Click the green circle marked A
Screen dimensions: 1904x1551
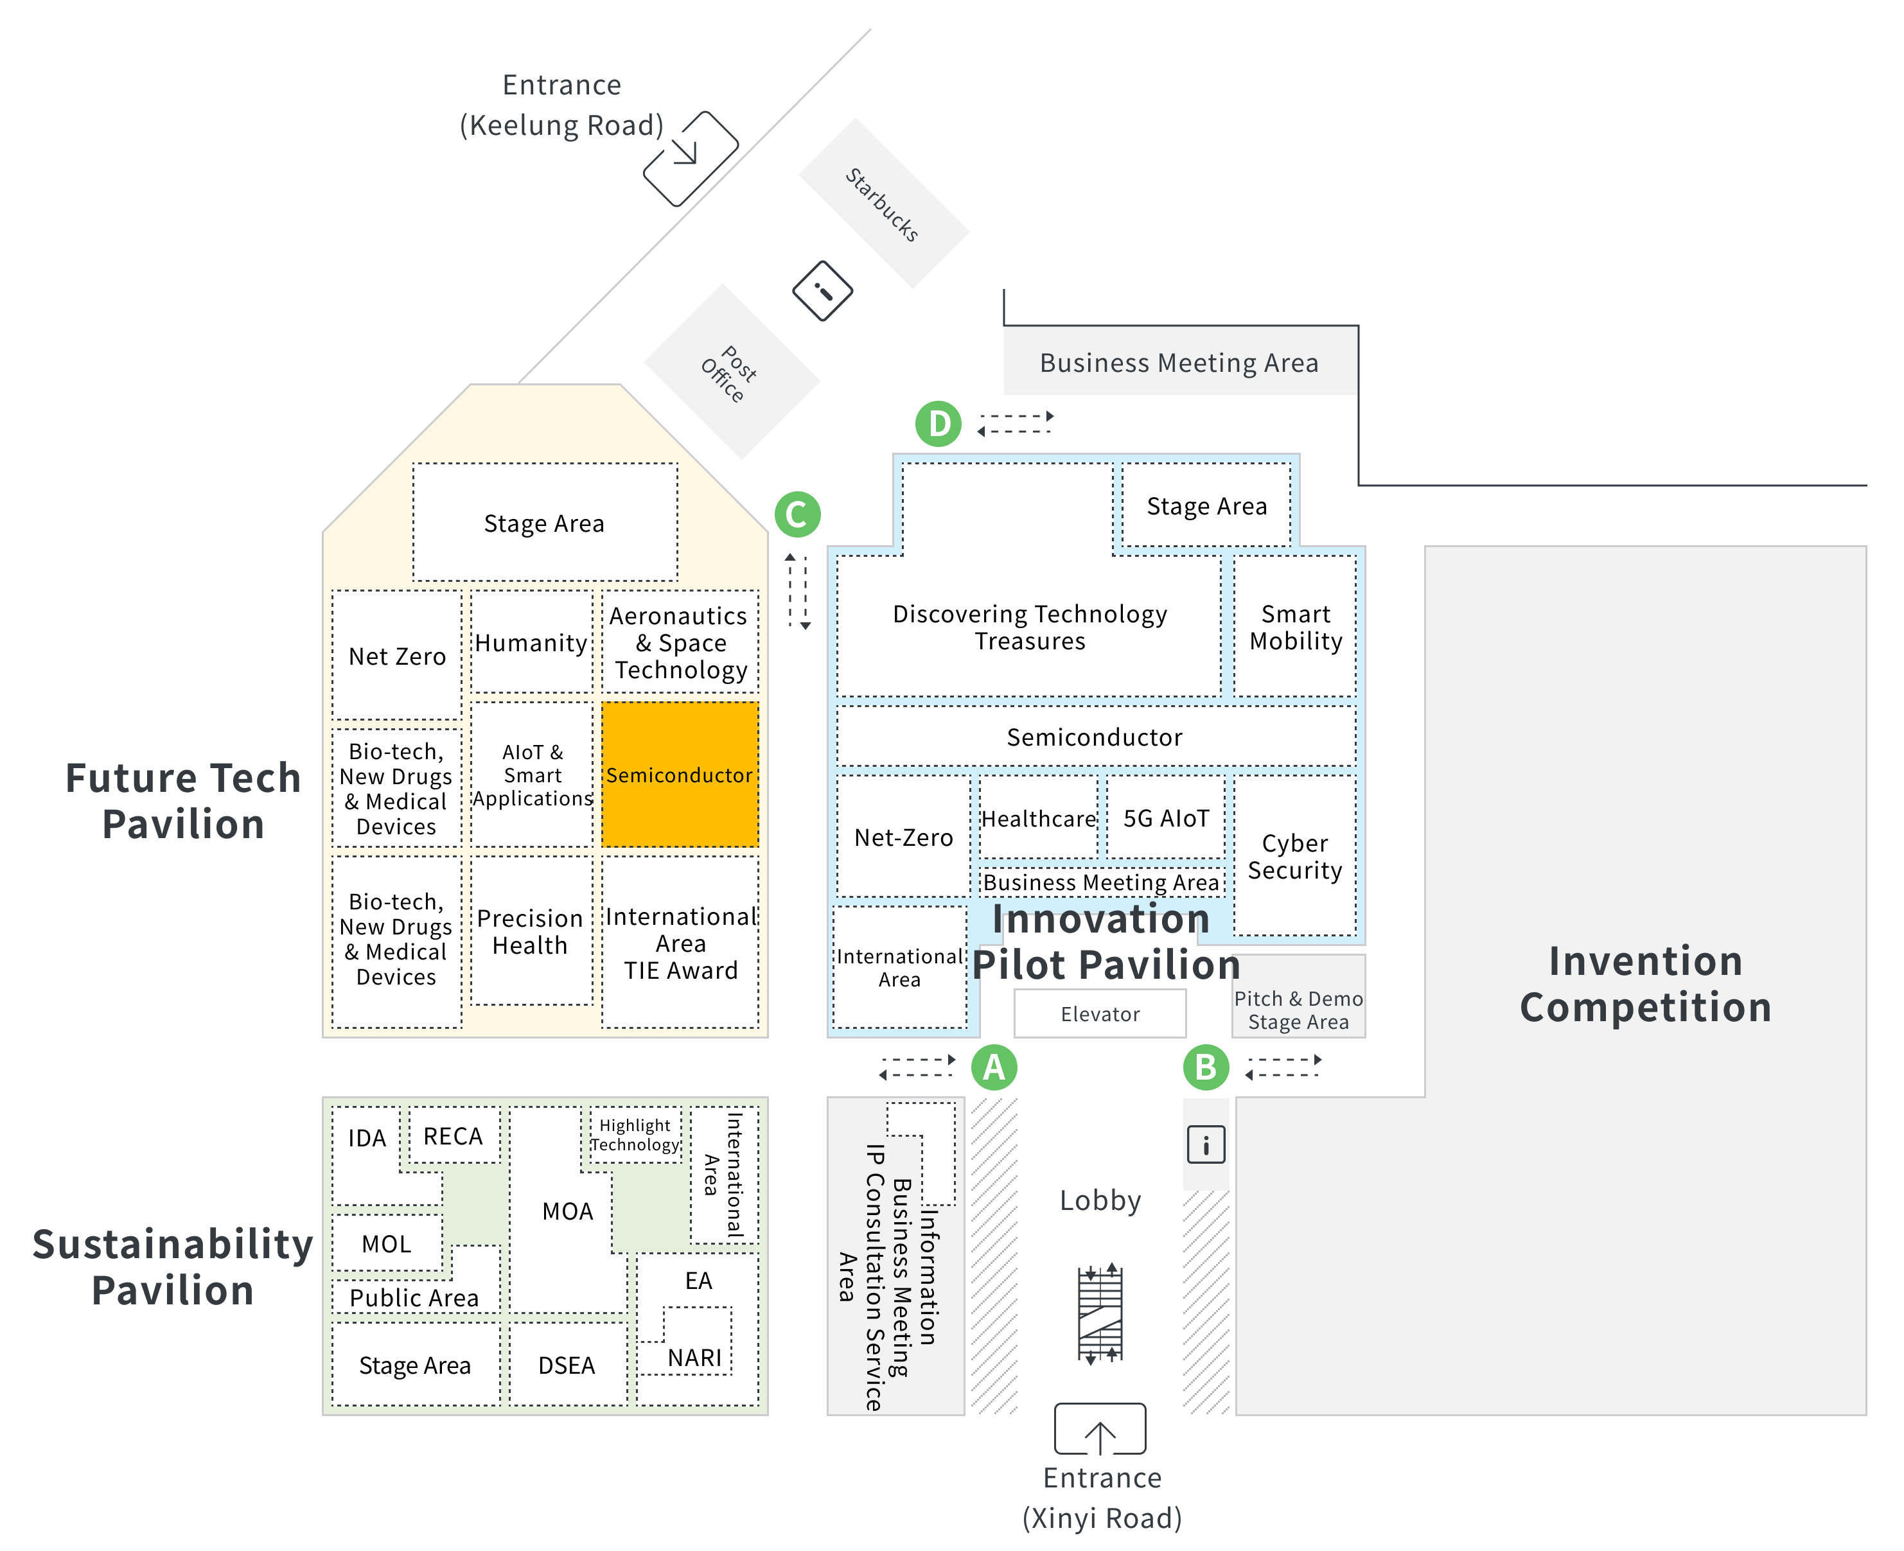click(994, 1067)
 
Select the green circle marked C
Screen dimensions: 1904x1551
click(797, 514)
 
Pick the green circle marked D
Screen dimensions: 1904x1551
click(938, 423)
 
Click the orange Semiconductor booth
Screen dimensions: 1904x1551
click(680, 775)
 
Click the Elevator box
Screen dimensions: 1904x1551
click(1100, 1013)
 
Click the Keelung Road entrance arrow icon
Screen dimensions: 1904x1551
click(691, 158)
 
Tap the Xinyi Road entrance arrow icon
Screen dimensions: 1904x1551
click(1100, 1428)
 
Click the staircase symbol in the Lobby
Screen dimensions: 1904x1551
click(1100, 1313)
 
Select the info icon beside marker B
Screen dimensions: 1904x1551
click(1205, 1144)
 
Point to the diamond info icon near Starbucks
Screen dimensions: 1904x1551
click(822, 290)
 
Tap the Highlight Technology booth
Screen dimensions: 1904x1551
click(635, 1135)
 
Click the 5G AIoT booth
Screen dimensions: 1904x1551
click(1165, 818)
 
